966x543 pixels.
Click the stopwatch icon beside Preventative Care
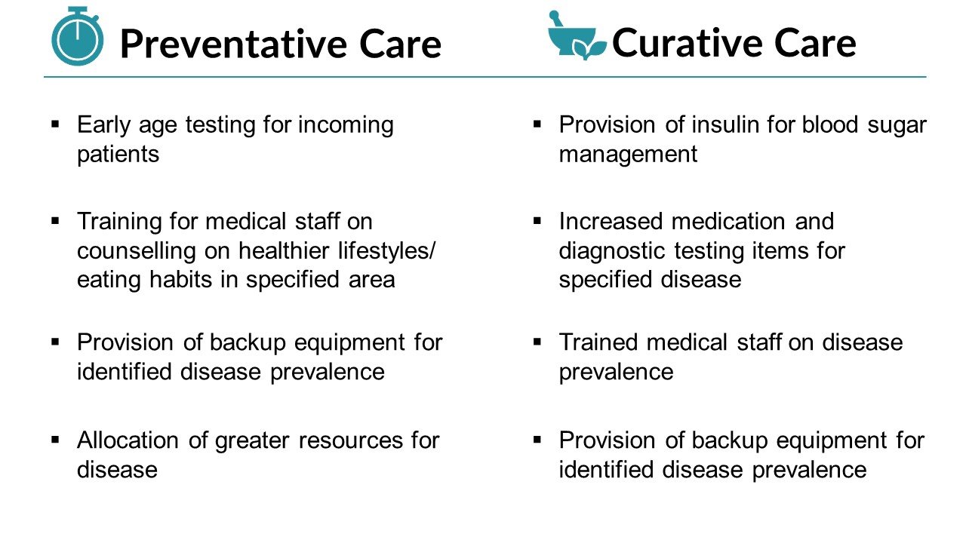(x=77, y=36)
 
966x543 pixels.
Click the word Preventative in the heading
(x=234, y=44)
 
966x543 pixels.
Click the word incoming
(x=346, y=126)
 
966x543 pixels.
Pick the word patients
(x=118, y=155)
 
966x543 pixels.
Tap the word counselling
(x=137, y=251)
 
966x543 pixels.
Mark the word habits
(x=180, y=280)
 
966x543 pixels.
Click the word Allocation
(x=128, y=440)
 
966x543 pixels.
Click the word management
(x=628, y=155)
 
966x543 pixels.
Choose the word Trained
(x=598, y=342)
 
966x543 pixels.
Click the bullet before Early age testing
(x=55, y=125)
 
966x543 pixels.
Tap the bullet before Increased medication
(x=537, y=222)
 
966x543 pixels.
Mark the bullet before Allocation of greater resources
(x=55, y=440)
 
